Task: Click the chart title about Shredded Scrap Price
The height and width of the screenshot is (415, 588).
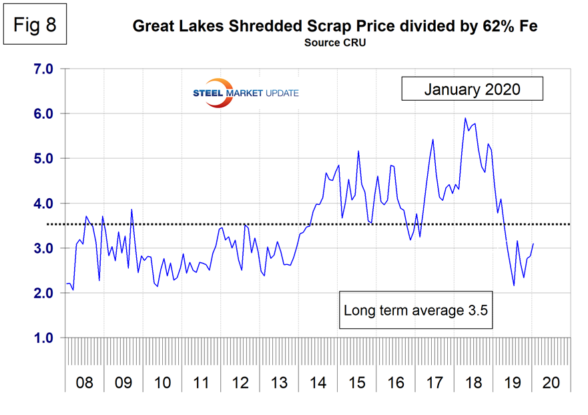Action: (334, 27)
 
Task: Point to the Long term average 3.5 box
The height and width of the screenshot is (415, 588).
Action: (416, 310)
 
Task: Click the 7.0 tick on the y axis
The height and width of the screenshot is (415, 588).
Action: (45, 69)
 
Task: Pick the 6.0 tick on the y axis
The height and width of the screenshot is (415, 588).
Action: (45, 113)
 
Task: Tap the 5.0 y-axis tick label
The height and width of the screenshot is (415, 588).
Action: (45, 159)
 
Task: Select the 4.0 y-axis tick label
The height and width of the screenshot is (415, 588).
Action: (45, 203)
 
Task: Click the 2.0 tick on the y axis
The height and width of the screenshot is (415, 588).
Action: (45, 294)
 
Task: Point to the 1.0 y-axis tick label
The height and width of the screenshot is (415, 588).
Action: (45, 338)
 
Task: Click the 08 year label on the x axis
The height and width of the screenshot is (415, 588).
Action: (85, 384)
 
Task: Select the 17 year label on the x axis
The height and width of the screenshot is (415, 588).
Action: (434, 384)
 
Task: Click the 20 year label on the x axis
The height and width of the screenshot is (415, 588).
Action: (551, 384)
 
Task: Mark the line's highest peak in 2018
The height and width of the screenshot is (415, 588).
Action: (465, 118)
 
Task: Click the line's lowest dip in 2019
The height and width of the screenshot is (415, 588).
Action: (514, 286)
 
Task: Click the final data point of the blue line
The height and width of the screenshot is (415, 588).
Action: (533, 244)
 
